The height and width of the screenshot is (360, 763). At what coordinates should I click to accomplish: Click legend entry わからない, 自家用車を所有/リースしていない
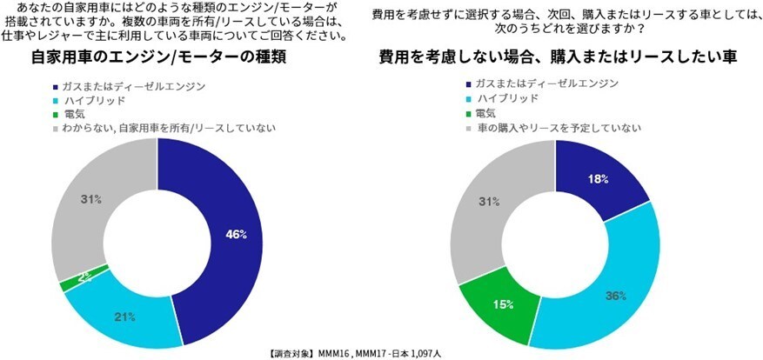click(164, 129)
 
